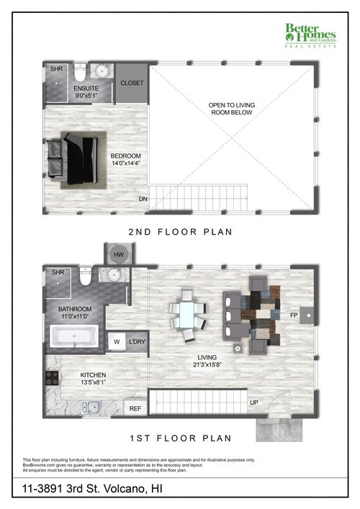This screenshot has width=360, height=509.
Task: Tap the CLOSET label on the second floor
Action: tap(132, 83)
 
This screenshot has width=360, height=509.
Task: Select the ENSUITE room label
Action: tap(87, 91)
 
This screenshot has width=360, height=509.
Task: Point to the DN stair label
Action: tap(143, 198)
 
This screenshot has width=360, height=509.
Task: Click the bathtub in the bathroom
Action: tap(73, 336)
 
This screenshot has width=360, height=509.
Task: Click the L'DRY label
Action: tap(136, 342)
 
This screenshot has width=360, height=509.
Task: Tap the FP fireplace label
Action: tap(293, 315)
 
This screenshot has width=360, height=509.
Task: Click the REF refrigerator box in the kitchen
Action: tap(135, 407)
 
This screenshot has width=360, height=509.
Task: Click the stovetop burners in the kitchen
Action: tap(52, 378)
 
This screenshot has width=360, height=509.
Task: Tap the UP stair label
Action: tap(253, 402)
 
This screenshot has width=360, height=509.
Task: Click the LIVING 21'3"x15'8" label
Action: tap(210, 360)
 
